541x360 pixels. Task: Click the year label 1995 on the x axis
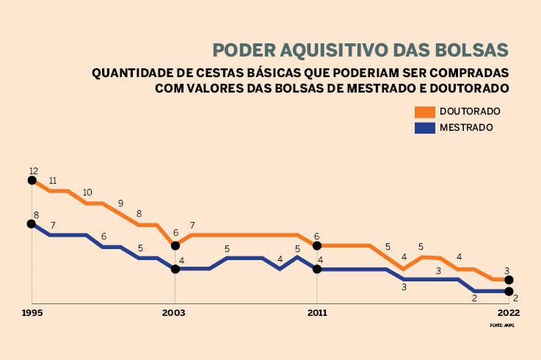(x=32, y=312)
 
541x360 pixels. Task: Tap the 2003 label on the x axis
(x=173, y=312)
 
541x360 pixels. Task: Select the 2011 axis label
(x=316, y=312)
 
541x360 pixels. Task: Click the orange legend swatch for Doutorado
(x=425, y=112)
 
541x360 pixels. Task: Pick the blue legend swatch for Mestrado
(x=425, y=127)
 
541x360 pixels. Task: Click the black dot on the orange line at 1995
(x=32, y=180)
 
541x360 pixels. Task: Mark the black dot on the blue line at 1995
(x=32, y=224)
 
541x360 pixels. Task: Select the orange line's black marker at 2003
(x=175, y=246)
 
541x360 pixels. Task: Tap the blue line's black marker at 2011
(x=317, y=269)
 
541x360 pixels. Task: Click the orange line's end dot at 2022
(x=509, y=280)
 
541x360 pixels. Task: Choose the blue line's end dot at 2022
(x=509, y=291)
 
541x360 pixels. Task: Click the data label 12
(x=33, y=170)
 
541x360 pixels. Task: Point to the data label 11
(x=53, y=181)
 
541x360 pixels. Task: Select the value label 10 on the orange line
(x=87, y=192)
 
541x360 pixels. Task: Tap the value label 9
(x=120, y=204)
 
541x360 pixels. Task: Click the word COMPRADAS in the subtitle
(x=470, y=73)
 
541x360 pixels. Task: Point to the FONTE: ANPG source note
(x=502, y=324)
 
